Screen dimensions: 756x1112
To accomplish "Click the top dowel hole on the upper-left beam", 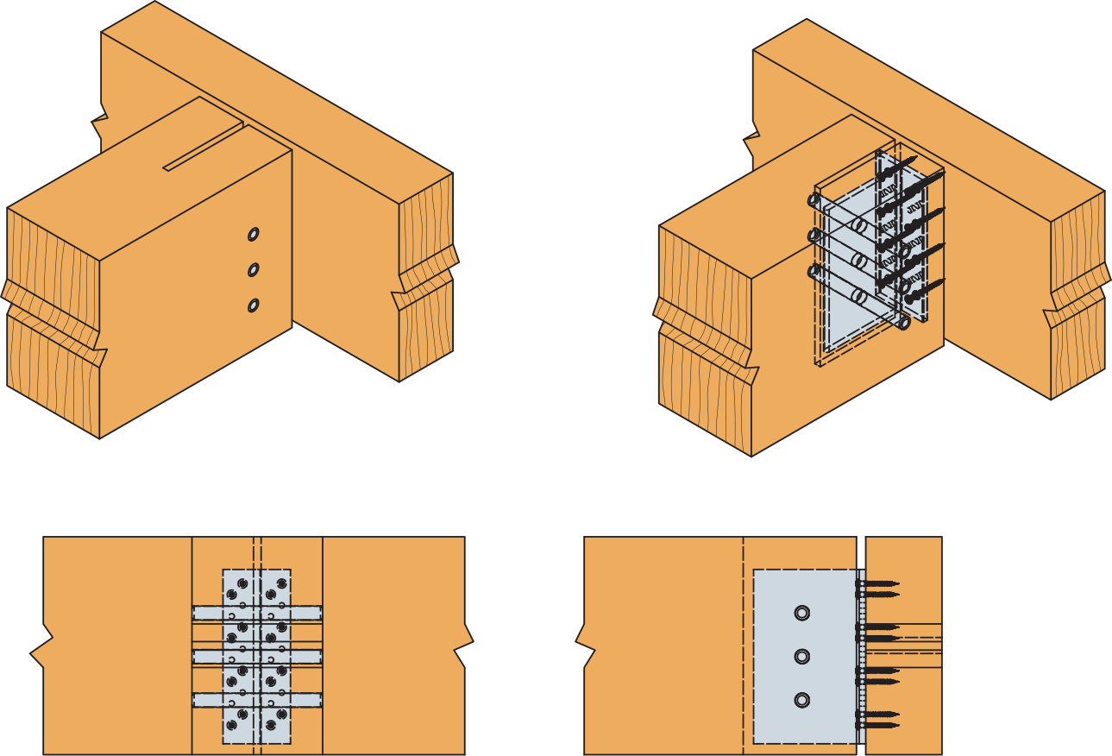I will (253, 234).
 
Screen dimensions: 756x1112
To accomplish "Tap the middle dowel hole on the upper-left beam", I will (253, 270).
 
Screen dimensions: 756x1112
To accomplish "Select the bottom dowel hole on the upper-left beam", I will (253, 306).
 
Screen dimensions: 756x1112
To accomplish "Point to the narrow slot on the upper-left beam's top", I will (203, 147).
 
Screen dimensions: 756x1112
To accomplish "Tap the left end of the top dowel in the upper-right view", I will (814, 200).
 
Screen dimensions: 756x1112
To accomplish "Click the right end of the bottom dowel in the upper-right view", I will (903, 323).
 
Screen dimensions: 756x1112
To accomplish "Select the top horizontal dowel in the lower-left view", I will (257, 613).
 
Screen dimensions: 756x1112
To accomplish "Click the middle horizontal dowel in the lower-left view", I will (257, 657).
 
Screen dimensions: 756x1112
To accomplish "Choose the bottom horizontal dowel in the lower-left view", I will (257, 700).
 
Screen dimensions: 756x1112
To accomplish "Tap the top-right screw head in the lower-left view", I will (281, 583).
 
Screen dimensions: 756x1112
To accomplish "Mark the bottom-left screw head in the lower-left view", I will (231, 725).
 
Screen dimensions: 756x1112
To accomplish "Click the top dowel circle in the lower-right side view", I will (801, 613).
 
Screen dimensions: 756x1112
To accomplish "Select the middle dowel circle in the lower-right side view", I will (801, 657).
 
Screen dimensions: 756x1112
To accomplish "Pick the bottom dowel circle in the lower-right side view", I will (801, 700).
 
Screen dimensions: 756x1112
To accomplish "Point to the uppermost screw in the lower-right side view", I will (878, 584).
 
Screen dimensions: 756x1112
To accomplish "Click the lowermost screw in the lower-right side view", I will (878, 725).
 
